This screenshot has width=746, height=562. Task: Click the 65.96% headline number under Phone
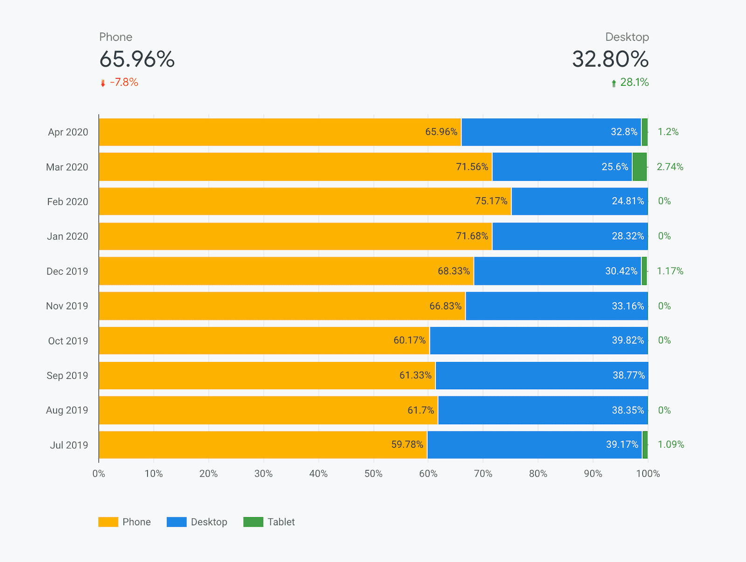(137, 59)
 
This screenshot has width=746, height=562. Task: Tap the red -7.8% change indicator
(124, 83)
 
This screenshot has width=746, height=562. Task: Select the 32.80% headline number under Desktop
(610, 59)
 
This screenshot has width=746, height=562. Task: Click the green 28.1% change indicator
(634, 83)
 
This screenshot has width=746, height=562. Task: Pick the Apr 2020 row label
(68, 132)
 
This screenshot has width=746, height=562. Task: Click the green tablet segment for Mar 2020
(639, 167)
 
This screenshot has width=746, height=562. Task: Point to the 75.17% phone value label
(491, 201)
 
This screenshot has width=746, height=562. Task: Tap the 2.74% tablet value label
(670, 167)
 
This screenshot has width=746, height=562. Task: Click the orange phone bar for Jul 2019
(242, 445)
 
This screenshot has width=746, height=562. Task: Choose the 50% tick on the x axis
(373, 474)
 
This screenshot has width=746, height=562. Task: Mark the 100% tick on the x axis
(648, 474)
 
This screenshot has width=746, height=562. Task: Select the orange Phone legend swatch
(108, 522)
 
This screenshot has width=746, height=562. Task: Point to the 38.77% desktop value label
(629, 375)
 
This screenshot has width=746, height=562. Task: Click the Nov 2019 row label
(67, 306)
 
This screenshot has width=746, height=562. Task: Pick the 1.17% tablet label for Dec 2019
(670, 271)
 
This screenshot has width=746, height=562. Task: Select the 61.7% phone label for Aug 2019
(421, 410)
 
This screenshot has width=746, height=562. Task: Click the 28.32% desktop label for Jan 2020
(628, 236)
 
